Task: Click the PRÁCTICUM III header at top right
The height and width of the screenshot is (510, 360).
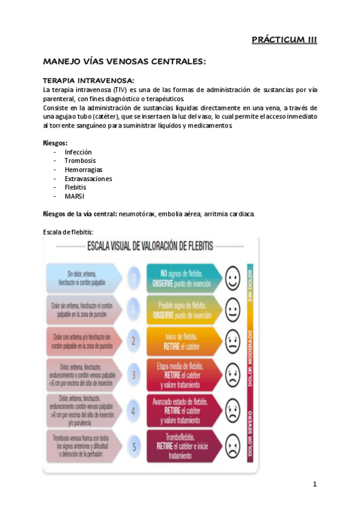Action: click(x=284, y=40)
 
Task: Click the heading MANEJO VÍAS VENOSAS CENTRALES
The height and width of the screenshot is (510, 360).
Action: click(x=124, y=62)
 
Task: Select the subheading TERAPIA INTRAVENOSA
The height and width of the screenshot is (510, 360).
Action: click(x=88, y=80)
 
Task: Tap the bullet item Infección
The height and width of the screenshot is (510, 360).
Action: click(x=78, y=152)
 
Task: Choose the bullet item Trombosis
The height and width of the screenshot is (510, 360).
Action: click(x=79, y=161)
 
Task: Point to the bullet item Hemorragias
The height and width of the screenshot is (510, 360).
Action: click(x=83, y=170)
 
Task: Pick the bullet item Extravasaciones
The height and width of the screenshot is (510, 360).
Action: click(x=88, y=179)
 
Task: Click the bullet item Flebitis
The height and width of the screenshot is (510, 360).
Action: click(x=76, y=187)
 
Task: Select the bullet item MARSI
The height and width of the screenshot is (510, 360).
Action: click(x=74, y=196)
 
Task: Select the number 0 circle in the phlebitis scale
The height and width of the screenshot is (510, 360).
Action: click(x=134, y=278)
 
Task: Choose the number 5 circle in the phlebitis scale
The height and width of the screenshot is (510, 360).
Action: click(x=134, y=446)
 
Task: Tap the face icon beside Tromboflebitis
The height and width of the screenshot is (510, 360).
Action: click(x=232, y=446)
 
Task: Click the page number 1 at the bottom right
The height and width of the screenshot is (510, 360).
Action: click(x=314, y=485)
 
